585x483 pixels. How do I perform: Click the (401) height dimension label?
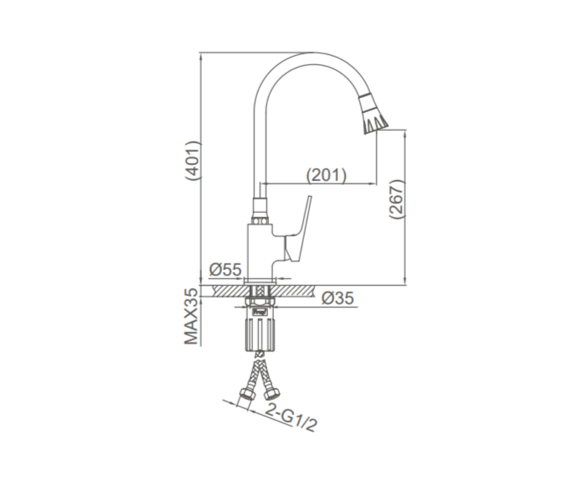tap(193, 161)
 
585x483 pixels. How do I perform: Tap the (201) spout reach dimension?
tap(326, 175)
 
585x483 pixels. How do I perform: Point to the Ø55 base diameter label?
tap(225, 269)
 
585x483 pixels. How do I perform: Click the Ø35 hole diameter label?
tap(337, 298)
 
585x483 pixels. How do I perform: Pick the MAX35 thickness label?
tap(192, 317)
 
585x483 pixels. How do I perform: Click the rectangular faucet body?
tap(260, 251)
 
